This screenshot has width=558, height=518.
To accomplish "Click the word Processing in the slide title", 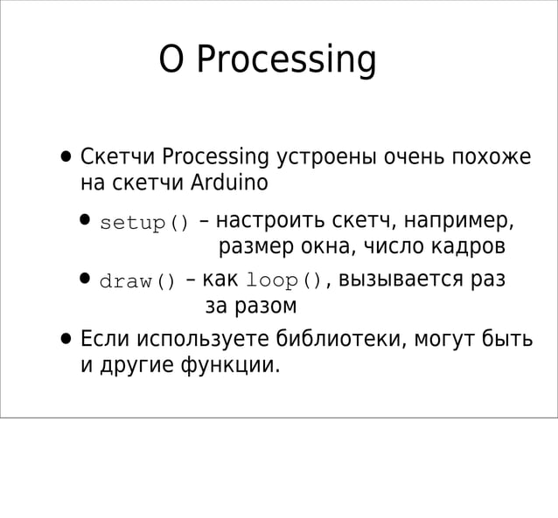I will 286,60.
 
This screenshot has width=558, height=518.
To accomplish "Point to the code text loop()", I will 284,281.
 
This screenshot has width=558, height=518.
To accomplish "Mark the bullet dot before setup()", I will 85,220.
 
